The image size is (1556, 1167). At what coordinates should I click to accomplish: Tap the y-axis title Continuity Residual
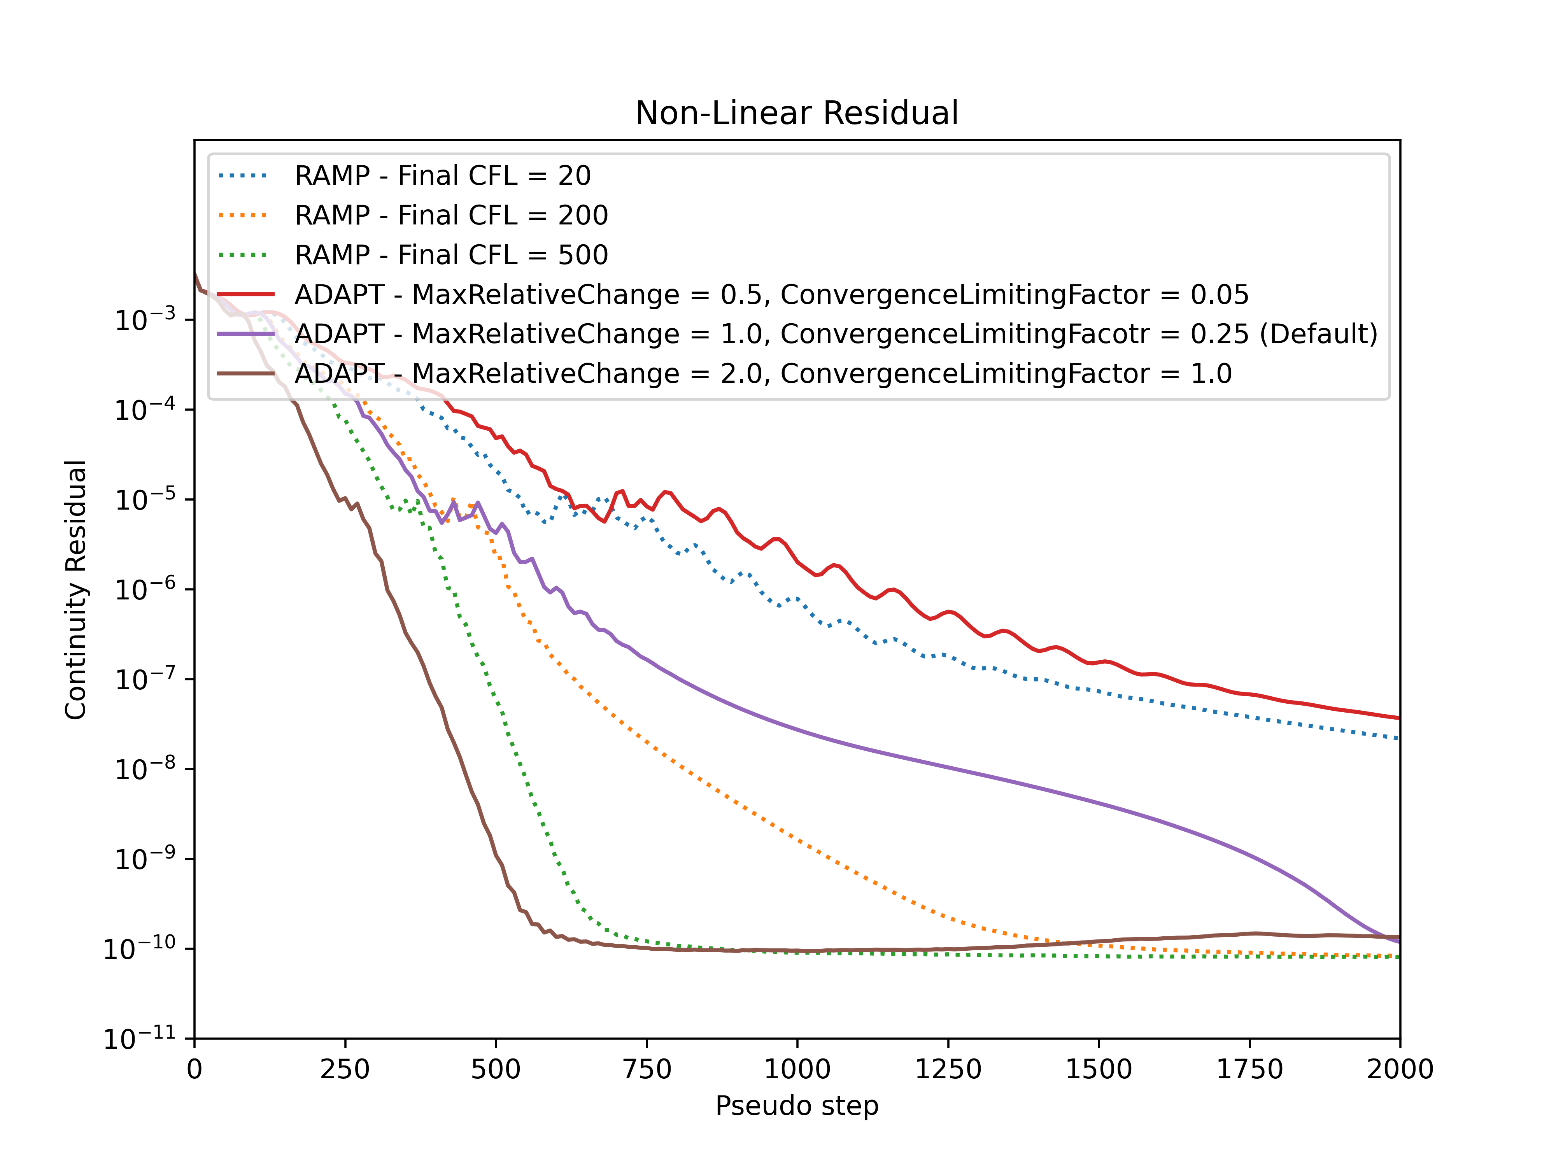coord(76,589)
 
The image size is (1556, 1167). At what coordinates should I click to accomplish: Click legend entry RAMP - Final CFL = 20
coord(442,175)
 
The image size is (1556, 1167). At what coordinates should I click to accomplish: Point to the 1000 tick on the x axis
coord(797,1069)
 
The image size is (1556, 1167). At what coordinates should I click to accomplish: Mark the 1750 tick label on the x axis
coord(1249,1069)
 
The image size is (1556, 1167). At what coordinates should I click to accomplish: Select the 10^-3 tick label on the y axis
coord(145,320)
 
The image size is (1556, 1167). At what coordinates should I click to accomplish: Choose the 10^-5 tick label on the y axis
coord(145,499)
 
